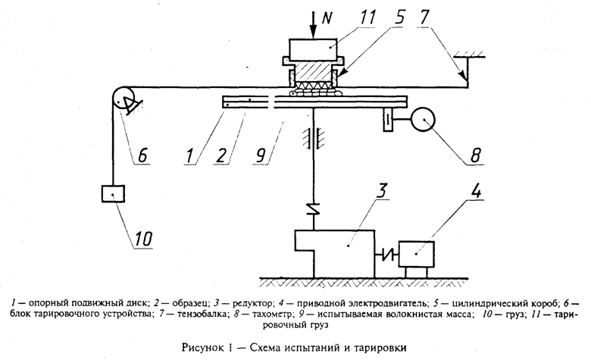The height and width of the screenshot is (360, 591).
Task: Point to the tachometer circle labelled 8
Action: click(x=421, y=119)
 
